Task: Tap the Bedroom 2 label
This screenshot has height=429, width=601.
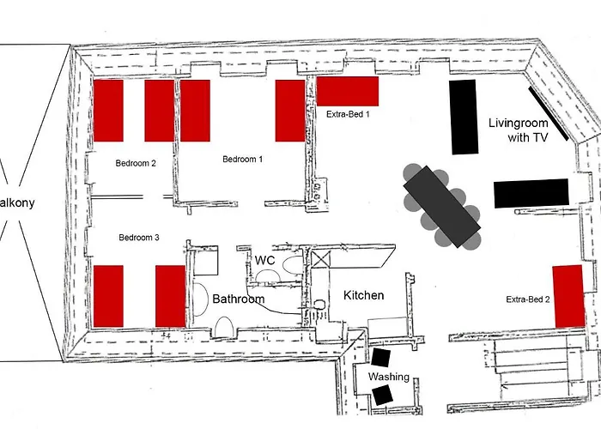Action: pyautogui.click(x=136, y=161)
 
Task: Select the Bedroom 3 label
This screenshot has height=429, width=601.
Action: pyautogui.click(x=139, y=237)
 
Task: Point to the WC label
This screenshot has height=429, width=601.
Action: pyautogui.click(x=264, y=259)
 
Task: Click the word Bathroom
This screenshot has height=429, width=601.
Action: pyautogui.click(x=239, y=299)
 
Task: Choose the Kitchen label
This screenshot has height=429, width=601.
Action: pyautogui.click(x=363, y=295)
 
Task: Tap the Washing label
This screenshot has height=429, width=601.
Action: pyautogui.click(x=389, y=377)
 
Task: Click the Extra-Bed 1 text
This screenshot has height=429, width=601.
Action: pyautogui.click(x=348, y=113)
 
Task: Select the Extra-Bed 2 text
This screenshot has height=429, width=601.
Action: pyautogui.click(x=527, y=299)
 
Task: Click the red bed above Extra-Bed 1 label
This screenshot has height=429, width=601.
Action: pyautogui.click(x=348, y=91)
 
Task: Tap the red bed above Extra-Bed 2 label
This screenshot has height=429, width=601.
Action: pyautogui.click(x=568, y=296)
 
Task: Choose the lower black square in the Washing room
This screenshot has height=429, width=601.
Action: pyautogui.click(x=382, y=395)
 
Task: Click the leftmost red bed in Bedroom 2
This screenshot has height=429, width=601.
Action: pyautogui.click(x=108, y=111)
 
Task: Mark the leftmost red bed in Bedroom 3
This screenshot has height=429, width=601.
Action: pyautogui.click(x=108, y=295)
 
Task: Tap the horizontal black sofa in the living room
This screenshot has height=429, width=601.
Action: pyautogui.click(x=531, y=192)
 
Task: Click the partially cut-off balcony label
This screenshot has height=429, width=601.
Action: pyautogui.click(x=17, y=202)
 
